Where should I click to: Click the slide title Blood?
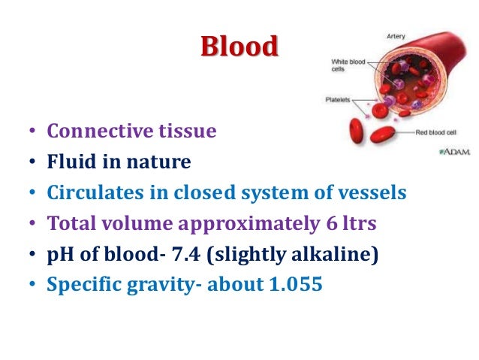(x=239, y=47)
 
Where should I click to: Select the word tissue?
(x=187, y=132)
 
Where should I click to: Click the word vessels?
(x=374, y=192)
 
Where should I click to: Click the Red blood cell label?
(x=442, y=132)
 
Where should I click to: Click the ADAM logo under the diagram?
(x=455, y=151)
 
